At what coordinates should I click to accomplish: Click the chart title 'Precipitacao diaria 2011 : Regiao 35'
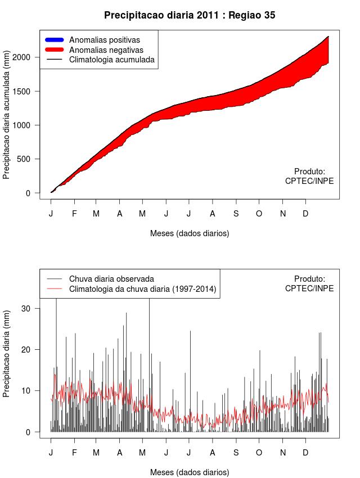190,16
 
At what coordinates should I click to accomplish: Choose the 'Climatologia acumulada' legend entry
111,60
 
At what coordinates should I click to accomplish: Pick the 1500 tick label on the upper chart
30,91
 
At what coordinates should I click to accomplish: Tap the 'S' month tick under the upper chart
236,214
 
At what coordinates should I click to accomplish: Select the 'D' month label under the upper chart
305,214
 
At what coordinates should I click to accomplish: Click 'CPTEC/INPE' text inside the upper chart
309,181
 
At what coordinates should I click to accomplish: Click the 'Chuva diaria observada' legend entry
111,279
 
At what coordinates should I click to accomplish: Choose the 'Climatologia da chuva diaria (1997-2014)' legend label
142,289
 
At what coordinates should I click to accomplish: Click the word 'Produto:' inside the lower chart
309,279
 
